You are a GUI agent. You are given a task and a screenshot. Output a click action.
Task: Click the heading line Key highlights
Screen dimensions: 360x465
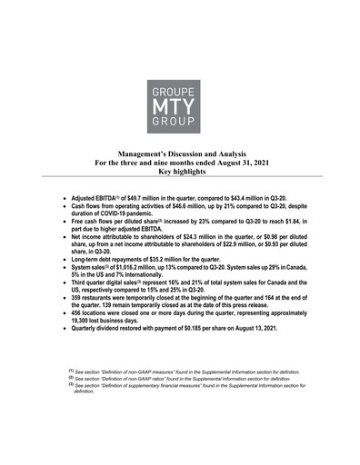click(180, 171)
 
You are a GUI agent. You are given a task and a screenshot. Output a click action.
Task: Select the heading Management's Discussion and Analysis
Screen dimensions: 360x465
click(180, 154)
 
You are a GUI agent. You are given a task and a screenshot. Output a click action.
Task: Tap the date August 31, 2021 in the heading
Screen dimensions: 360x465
click(244, 163)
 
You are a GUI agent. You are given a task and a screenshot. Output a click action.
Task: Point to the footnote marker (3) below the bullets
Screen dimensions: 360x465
click(70, 386)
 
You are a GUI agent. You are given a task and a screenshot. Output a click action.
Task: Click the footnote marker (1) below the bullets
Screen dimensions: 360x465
click(70, 371)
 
